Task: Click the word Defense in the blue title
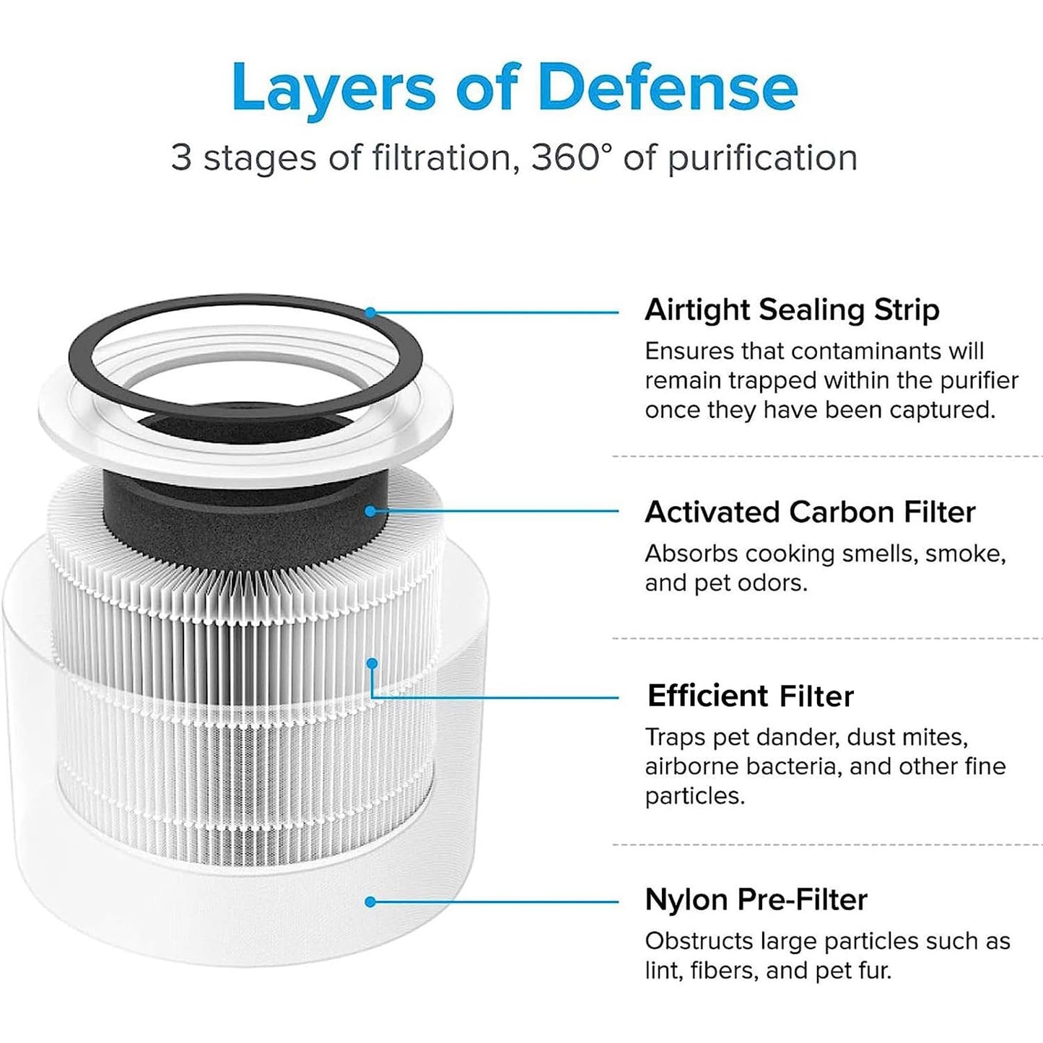[x=668, y=87]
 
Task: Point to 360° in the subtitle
[x=572, y=157]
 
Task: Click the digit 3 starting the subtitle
[x=181, y=157]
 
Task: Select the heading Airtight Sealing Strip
[x=792, y=310]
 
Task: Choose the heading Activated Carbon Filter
[x=810, y=512]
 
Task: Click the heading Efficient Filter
[x=750, y=696]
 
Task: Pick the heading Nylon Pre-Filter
[x=756, y=899]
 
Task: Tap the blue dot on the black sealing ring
[x=370, y=313]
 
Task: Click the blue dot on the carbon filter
[x=370, y=511]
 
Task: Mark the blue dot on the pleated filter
[x=372, y=663]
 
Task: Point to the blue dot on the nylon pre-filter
[x=370, y=902]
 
